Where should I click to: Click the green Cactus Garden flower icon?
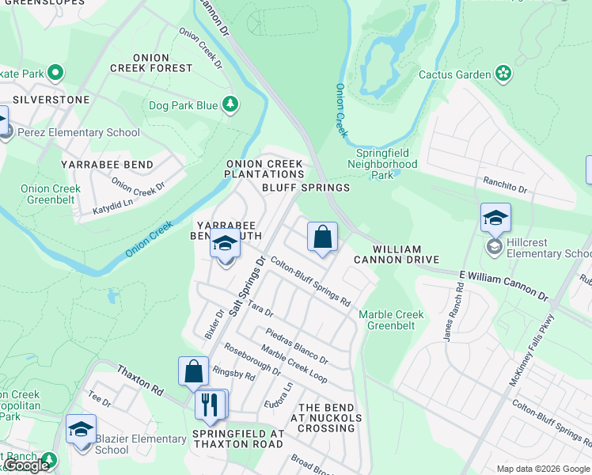(x=503, y=74)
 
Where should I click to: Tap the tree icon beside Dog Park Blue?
(x=230, y=104)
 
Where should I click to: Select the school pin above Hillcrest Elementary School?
(x=495, y=218)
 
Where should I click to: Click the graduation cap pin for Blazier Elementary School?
(x=81, y=429)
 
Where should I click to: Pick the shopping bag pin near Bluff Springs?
(x=323, y=237)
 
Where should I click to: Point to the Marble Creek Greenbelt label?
(x=391, y=320)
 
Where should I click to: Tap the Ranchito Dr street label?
(x=506, y=187)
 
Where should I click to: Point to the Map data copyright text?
(x=543, y=469)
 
